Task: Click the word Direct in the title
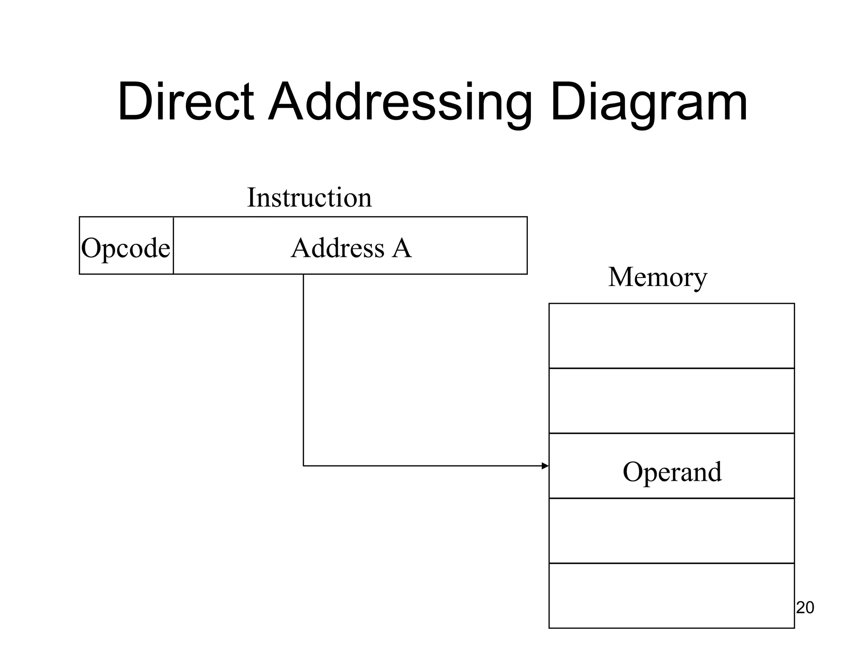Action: click(x=185, y=102)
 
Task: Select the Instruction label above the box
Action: click(x=309, y=197)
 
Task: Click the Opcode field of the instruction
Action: click(x=126, y=247)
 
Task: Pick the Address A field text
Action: click(x=351, y=248)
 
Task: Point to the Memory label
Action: click(x=657, y=277)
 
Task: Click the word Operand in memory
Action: click(x=672, y=471)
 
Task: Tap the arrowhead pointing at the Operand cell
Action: click(x=545, y=466)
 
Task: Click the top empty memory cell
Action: click(x=671, y=336)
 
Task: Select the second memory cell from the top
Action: click(x=671, y=401)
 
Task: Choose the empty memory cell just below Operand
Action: click(x=671, y=531)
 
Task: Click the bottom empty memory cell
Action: click(x=671, y=595)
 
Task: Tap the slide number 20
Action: click(x=805, y=608)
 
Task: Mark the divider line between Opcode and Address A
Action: click(x=173, y=245)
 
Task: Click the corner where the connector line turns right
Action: click(x=304, y=466)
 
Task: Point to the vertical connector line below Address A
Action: click(x=304, y=368)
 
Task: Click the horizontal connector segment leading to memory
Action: click(x=423, y=466)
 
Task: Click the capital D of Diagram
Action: click(x=567, y=102)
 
